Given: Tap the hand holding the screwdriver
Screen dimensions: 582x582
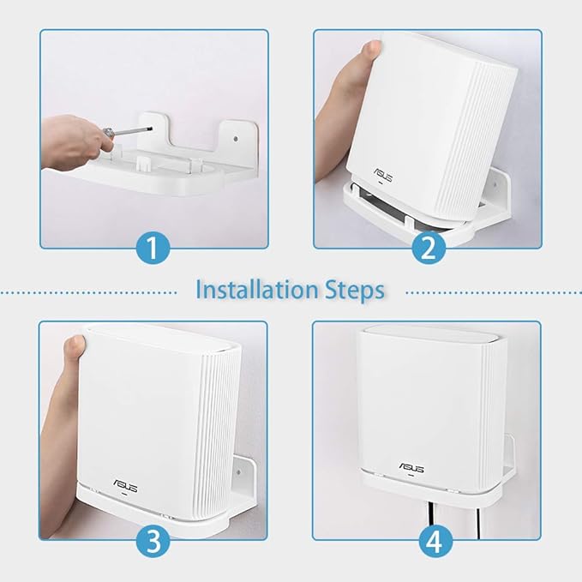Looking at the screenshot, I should coord(72,137).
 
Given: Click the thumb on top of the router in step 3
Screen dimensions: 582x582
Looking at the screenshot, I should coord(77,345).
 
